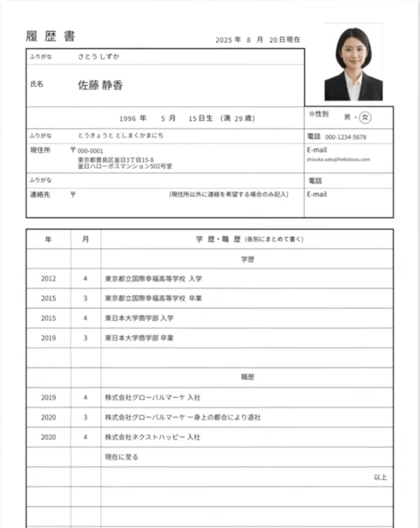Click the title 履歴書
pos(50,37)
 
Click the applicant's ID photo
pos(353,63)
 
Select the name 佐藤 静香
pos(100,85)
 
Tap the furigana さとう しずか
pos(99,55)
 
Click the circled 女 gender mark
pos(366,117)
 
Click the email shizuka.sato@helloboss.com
pos(338,160)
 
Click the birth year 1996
pos(128,118)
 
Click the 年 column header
pos(48,239)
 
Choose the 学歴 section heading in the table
pos(247,259)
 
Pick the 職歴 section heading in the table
pos(247,377)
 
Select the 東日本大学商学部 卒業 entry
pos(139,338)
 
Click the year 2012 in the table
pos(48,279)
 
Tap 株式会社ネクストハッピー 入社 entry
pos(152,437)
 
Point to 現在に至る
pos(121,457)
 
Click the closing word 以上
pos(381,477)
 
